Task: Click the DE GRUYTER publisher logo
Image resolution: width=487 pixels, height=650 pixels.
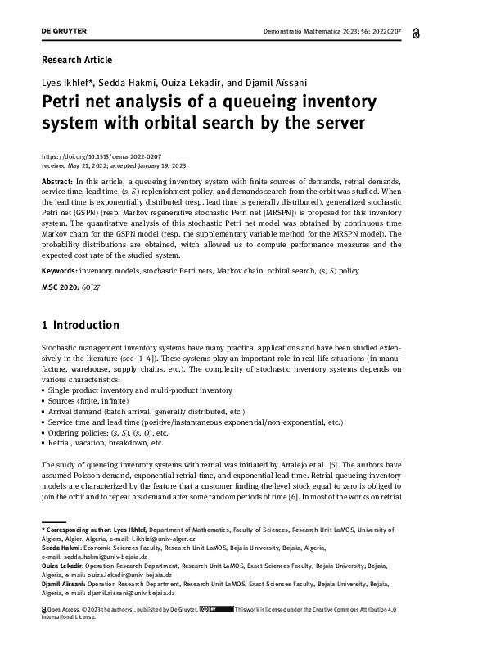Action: (64, 31)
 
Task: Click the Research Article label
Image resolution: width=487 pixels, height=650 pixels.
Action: (77, 60)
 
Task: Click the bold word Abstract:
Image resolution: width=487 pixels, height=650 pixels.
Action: (57, 179)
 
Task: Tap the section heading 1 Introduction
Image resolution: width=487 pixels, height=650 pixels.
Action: (80, 325)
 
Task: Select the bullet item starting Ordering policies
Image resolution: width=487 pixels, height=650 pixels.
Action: (106, 432)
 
